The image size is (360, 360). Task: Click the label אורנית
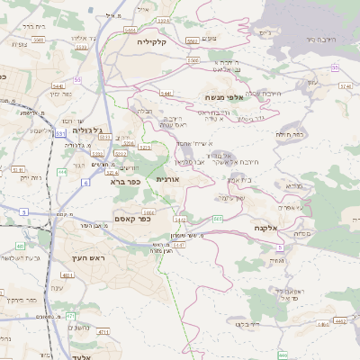pyautogui.click(x=168, y=179)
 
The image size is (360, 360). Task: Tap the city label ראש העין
pyautogui.click(x=88, y=258)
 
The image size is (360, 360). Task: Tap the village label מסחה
pyautogui.click(x=302, y=233)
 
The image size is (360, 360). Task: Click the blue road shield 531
pyautogui.click(x=60, y=133)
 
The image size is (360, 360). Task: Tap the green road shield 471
pyautogui.click(x=70, y=316)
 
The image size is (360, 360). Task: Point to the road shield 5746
pyautogui.click(x=345, y=86)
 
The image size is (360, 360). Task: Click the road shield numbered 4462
pyautogui.click(x=339, y=319)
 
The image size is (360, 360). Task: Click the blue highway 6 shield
pyautogui.click(x=85, y=183)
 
